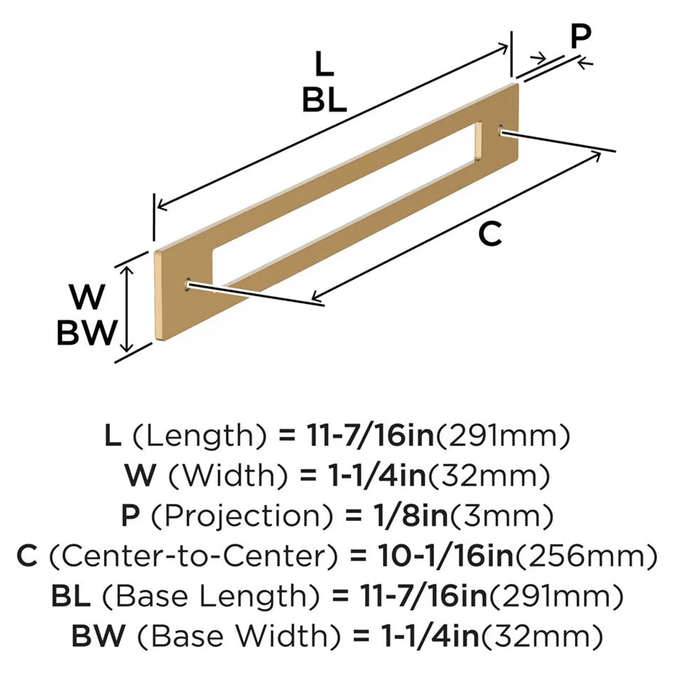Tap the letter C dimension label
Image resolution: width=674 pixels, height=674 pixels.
click(489, 233)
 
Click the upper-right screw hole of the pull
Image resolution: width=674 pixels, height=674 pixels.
click(501, 130)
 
